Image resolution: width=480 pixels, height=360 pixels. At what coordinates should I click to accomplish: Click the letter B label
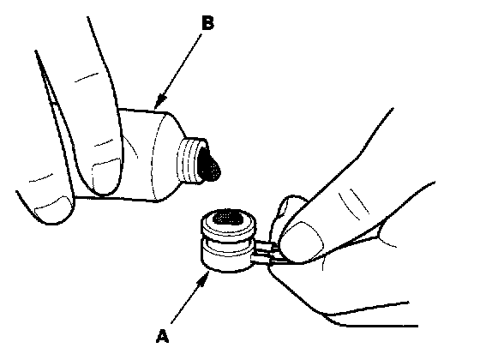(x=207, y=23)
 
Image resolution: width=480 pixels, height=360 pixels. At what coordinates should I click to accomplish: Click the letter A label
(x=163, y=336)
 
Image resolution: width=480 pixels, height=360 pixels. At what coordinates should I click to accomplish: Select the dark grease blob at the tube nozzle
(x=209, y=165)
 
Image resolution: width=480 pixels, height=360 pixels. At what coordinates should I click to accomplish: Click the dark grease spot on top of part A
(x=227, y=218)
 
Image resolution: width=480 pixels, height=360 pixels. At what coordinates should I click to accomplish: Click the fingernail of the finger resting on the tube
(x=106, y=175)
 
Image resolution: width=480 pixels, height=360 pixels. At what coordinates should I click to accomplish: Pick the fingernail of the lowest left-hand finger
(x=52, y=207)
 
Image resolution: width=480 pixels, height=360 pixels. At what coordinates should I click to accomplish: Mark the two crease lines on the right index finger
(x=353, y=203)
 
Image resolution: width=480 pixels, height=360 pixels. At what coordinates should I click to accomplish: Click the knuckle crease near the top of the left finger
(x=87, y=77)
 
